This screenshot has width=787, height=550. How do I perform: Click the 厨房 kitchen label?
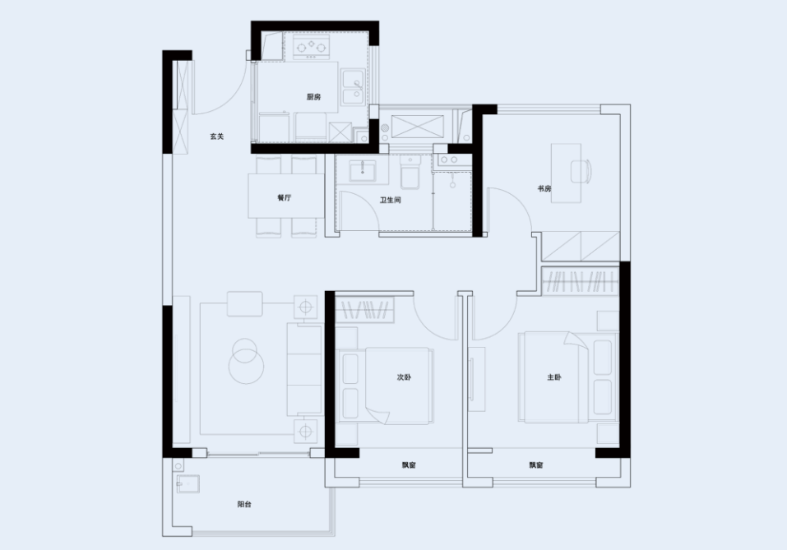pos(313,97)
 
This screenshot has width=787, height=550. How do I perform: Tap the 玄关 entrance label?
pos(217,136)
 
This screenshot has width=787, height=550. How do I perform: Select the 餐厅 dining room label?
pos(284,197)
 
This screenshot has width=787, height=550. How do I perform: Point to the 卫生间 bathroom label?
pos(390,201)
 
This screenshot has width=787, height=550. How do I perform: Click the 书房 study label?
pos(544,189)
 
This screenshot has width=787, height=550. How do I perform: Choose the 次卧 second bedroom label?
pos(404,377)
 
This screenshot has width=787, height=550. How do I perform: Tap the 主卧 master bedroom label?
pos(554,377)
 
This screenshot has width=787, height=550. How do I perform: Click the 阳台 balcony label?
pos(244,504)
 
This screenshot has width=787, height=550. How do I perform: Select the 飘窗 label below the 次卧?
pos(409,465)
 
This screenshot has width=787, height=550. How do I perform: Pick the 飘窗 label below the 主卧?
pos(536,465)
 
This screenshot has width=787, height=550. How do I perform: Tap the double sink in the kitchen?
pos(353,87)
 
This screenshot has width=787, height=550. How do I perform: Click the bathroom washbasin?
pos(362,171)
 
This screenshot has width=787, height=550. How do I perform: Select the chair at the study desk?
pos(581,171)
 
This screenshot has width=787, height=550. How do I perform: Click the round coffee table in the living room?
pos(246,361)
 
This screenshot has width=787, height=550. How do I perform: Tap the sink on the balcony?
pos(187,484)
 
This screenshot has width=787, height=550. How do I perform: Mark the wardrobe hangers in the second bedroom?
pos(365,310)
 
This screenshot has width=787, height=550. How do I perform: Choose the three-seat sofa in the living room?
pos(303,370)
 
